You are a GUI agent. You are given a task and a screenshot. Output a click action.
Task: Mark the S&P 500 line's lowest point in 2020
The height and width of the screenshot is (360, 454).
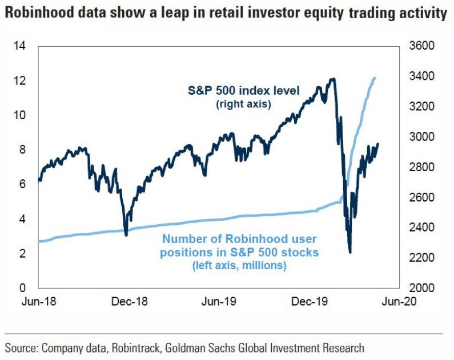(x=349, y=252)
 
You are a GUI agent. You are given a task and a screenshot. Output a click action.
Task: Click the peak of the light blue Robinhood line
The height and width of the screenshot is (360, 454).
(x=375, y=78)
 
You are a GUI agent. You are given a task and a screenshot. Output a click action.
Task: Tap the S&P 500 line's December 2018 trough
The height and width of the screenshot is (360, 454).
(x=126, y=234)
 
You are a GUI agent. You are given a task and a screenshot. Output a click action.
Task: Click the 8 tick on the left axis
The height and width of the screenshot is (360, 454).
(x=23, y=149)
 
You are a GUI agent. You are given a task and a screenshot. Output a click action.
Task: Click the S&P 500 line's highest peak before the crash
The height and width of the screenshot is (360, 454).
(x=332, y=79)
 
